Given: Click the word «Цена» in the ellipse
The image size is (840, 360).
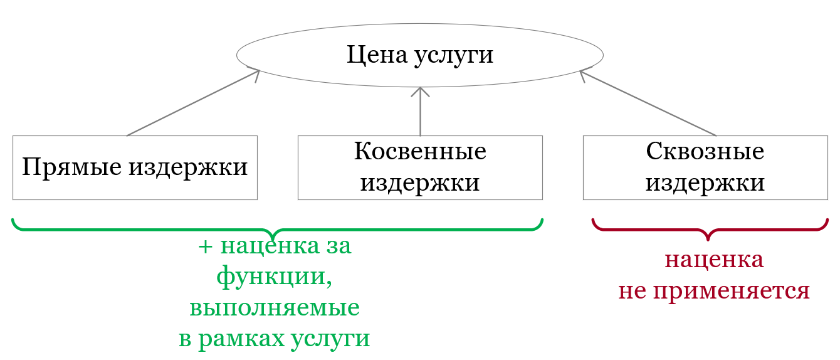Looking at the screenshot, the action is coord(377,55).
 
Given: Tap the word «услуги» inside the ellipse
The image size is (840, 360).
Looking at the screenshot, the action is coord(454,57).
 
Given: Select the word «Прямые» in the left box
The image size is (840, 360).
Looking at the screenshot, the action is coord(72,167).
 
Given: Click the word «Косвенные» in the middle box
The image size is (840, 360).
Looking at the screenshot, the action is coord(420,152).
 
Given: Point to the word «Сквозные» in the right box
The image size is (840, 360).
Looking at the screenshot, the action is coord(705,152).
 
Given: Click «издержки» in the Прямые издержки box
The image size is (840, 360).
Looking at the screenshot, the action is coord(188,168).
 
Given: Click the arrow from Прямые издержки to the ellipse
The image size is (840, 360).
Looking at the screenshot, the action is coord(193,103).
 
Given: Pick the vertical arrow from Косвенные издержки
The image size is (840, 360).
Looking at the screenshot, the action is coord(420,112).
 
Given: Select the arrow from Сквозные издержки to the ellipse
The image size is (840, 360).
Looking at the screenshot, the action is coord(648,103).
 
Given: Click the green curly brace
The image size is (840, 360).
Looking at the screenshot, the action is coord(277,229).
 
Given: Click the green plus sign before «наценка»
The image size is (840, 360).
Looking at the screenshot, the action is coord(206,247).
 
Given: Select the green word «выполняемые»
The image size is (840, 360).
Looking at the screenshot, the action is coord(275,308).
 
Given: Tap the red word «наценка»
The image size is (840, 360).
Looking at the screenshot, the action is coord(714,260).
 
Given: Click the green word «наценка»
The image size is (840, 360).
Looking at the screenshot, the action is coord(270,246).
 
